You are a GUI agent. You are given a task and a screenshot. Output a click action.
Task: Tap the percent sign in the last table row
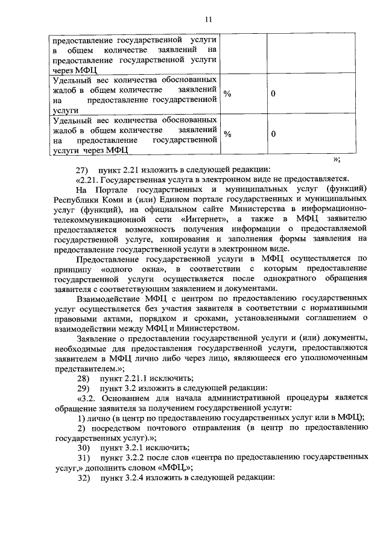[x=227, y=135]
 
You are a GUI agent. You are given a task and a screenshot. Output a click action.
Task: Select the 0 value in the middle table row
[x=273, y=94]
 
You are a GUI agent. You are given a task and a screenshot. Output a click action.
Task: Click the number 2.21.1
[x=142, y=378]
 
